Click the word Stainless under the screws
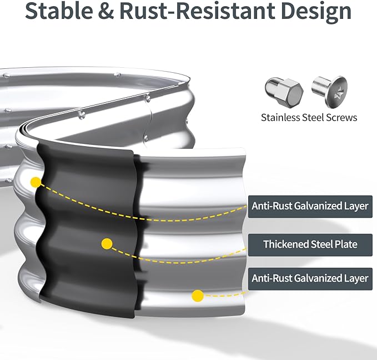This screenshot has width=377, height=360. pos(281,117)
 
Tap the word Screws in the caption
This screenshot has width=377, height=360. pos(342,117)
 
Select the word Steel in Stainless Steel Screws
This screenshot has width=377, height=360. pos(314,117)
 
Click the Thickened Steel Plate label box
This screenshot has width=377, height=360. pos(310,244)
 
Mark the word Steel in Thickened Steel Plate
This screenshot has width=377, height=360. pos(321,244)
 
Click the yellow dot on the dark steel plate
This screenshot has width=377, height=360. pos(107,243)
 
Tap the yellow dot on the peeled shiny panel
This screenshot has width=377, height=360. pos(197,296)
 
